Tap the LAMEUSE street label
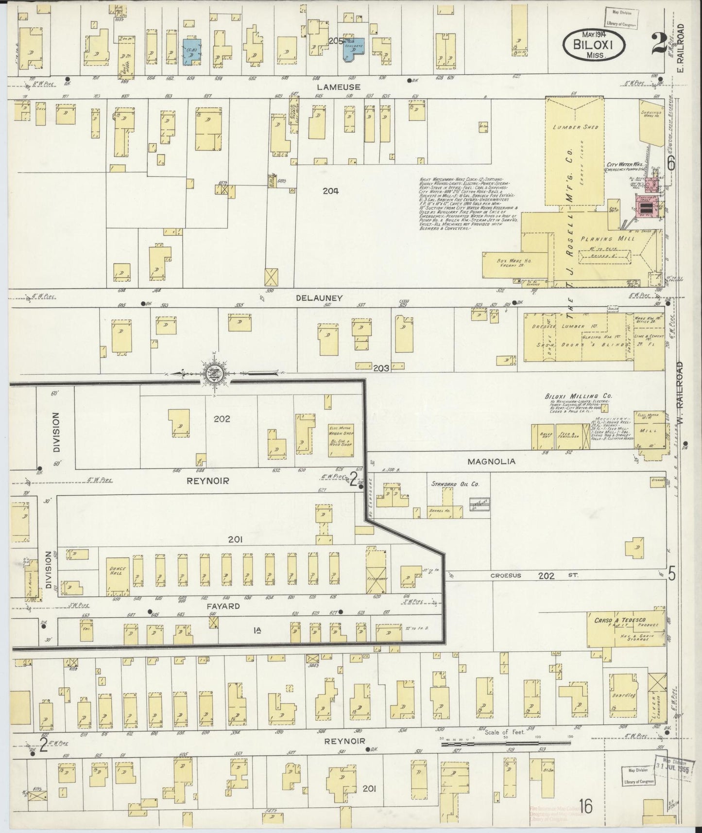point(338,87)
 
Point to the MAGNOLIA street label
point(491,461)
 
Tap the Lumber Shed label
point(576,127)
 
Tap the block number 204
point(330,191)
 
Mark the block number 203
point(381,368)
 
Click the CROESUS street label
point(505,575)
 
